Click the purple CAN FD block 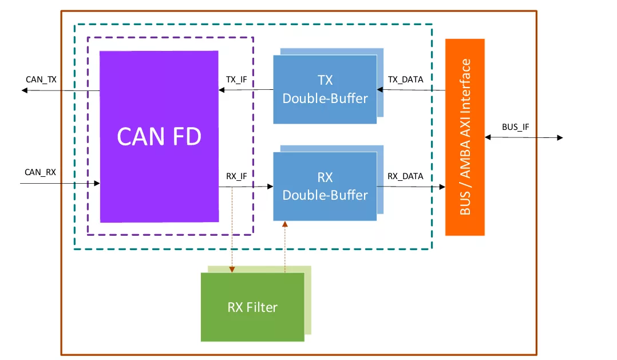point(159,136)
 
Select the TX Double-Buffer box point(325,89)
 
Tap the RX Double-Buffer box point(325,186)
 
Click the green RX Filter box point(252,307)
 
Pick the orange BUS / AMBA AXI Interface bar point(465,137)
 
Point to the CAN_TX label point(41,80)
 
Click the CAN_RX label point(40,172)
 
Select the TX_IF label point(236,80)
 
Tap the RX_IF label point(236,176)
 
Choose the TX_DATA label point(405,80)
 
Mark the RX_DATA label point(405,176)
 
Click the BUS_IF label point(515,126)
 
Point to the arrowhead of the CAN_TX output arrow point(25,90)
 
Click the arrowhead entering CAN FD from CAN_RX point(97,184)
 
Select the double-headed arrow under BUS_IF point(524,137)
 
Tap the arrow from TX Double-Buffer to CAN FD point(246,90)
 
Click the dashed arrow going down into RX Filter point(232,229)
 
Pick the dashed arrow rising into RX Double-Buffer point(284,246)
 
